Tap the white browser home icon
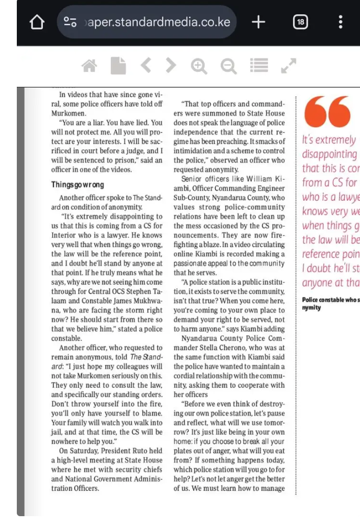coord(37,23)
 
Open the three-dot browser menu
coord(341,22)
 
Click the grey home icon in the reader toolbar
coord(90,66)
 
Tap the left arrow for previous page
coord(146,66)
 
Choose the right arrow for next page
coord(171,66)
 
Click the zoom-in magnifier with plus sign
coord(199,66)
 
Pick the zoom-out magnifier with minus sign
coord(228,66)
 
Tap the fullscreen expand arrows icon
coord(289,66)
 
